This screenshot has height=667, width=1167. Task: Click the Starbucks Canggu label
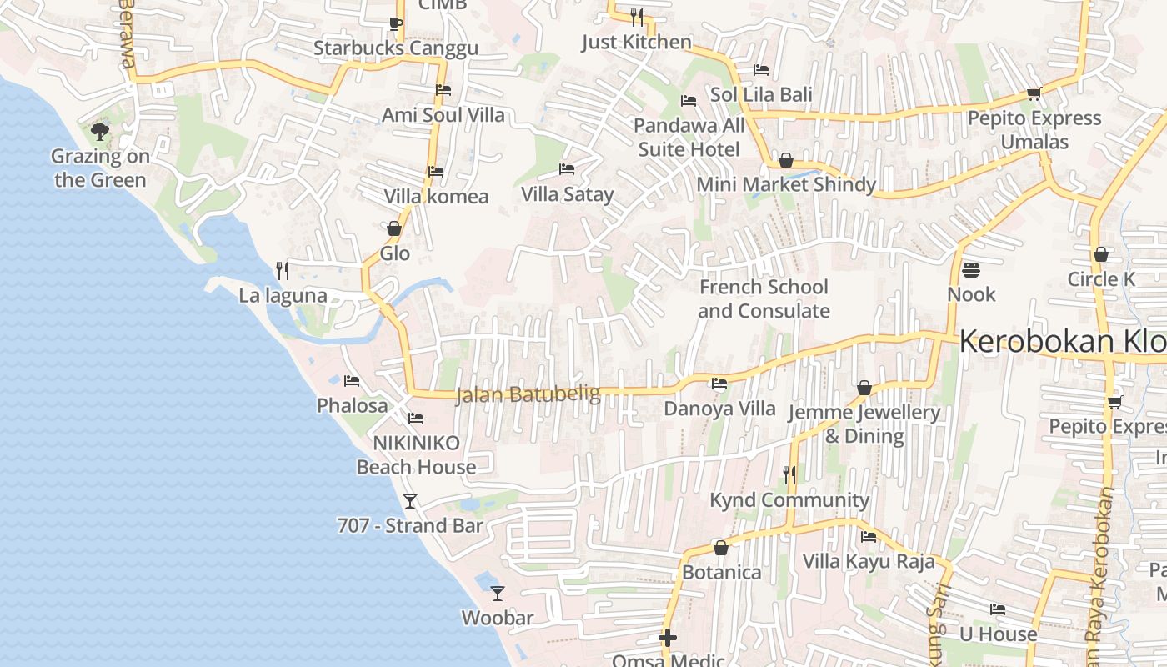pos(396,48)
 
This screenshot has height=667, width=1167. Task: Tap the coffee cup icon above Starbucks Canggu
pos(396,23)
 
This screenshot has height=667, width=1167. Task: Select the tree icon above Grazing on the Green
pos(100,131)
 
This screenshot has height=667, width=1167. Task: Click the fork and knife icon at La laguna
pos(283,270)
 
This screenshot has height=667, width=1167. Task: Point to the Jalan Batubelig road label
pos(528,394)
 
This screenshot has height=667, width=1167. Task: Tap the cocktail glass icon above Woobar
pos(498,593)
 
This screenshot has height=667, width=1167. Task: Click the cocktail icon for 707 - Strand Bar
pos(410,500)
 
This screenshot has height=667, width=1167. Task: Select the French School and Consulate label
pos(764,298)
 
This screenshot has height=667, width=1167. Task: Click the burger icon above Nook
pos(971,269)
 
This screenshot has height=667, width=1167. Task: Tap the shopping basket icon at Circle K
pos(1101,254)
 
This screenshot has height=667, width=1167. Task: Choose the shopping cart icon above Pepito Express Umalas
pos(1034,93)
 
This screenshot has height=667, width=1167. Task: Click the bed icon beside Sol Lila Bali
pos(761,69)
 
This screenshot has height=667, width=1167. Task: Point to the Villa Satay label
pos(567,194)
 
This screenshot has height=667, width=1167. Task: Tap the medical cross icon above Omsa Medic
pos(668,638)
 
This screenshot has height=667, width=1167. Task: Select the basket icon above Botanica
pos(721,548)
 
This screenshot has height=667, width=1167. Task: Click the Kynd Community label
pos(789,499)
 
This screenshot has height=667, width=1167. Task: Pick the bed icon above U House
pos(998,609)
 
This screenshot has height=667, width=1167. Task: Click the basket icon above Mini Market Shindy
pos(785,160)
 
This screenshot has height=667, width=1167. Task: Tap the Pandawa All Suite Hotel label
pos(689,138)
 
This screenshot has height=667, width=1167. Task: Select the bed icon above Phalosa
pos(352,381)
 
